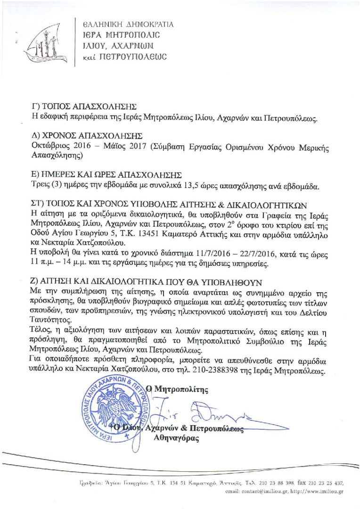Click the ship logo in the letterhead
point(41,40)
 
